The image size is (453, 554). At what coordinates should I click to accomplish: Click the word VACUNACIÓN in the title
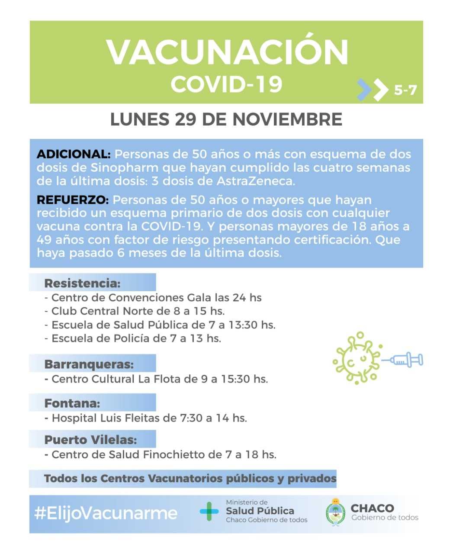[227, 52]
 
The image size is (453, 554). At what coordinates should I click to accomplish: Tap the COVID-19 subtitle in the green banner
[226, 84]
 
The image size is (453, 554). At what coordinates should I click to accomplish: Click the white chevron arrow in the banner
[380, 90]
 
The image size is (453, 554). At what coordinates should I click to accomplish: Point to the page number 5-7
[405, 90]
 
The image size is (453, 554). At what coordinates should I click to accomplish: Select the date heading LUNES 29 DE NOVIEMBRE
[226, 119]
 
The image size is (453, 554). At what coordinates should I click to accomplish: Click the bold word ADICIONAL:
[74, 155]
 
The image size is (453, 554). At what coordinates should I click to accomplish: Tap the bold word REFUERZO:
[73, 200]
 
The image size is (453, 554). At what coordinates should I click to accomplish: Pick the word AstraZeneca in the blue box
[255, 181]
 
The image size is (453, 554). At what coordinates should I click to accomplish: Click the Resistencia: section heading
[82, 283]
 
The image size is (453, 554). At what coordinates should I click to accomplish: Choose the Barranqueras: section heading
[89, 364]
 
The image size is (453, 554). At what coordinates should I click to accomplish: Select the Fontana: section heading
[72, 403]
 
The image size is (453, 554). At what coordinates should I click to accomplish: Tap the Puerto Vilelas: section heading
[90, 440]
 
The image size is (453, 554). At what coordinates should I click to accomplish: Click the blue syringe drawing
[405, 359]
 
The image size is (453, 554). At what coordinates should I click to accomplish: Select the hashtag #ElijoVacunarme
[106, 513]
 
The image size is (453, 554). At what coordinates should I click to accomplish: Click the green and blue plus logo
[209, 512]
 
